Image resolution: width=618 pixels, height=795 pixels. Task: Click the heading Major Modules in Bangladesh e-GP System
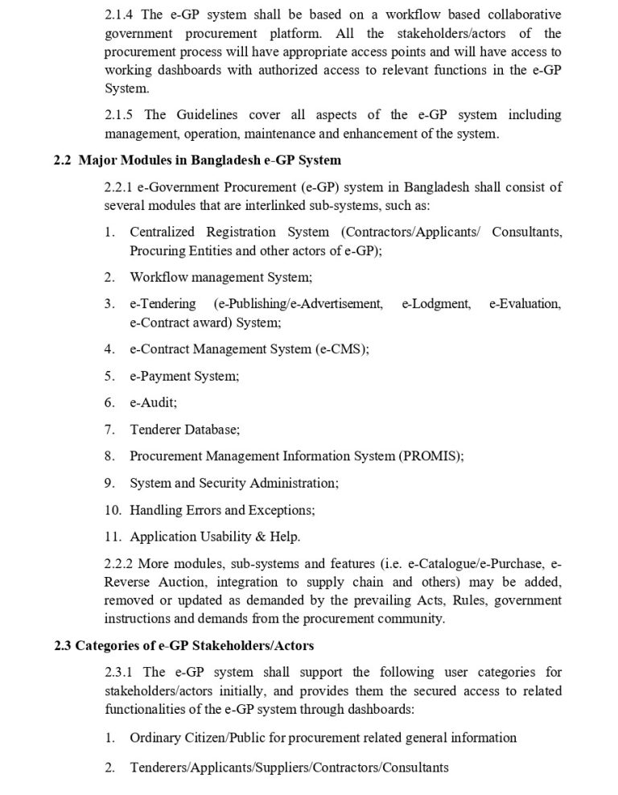[209, 160]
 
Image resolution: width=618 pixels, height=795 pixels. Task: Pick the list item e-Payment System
[184, 376]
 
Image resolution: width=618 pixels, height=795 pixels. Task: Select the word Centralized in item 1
[165, 232]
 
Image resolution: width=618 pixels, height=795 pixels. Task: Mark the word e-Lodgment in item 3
[435, 303]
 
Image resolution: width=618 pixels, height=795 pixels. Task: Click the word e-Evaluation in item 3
[525, 303]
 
